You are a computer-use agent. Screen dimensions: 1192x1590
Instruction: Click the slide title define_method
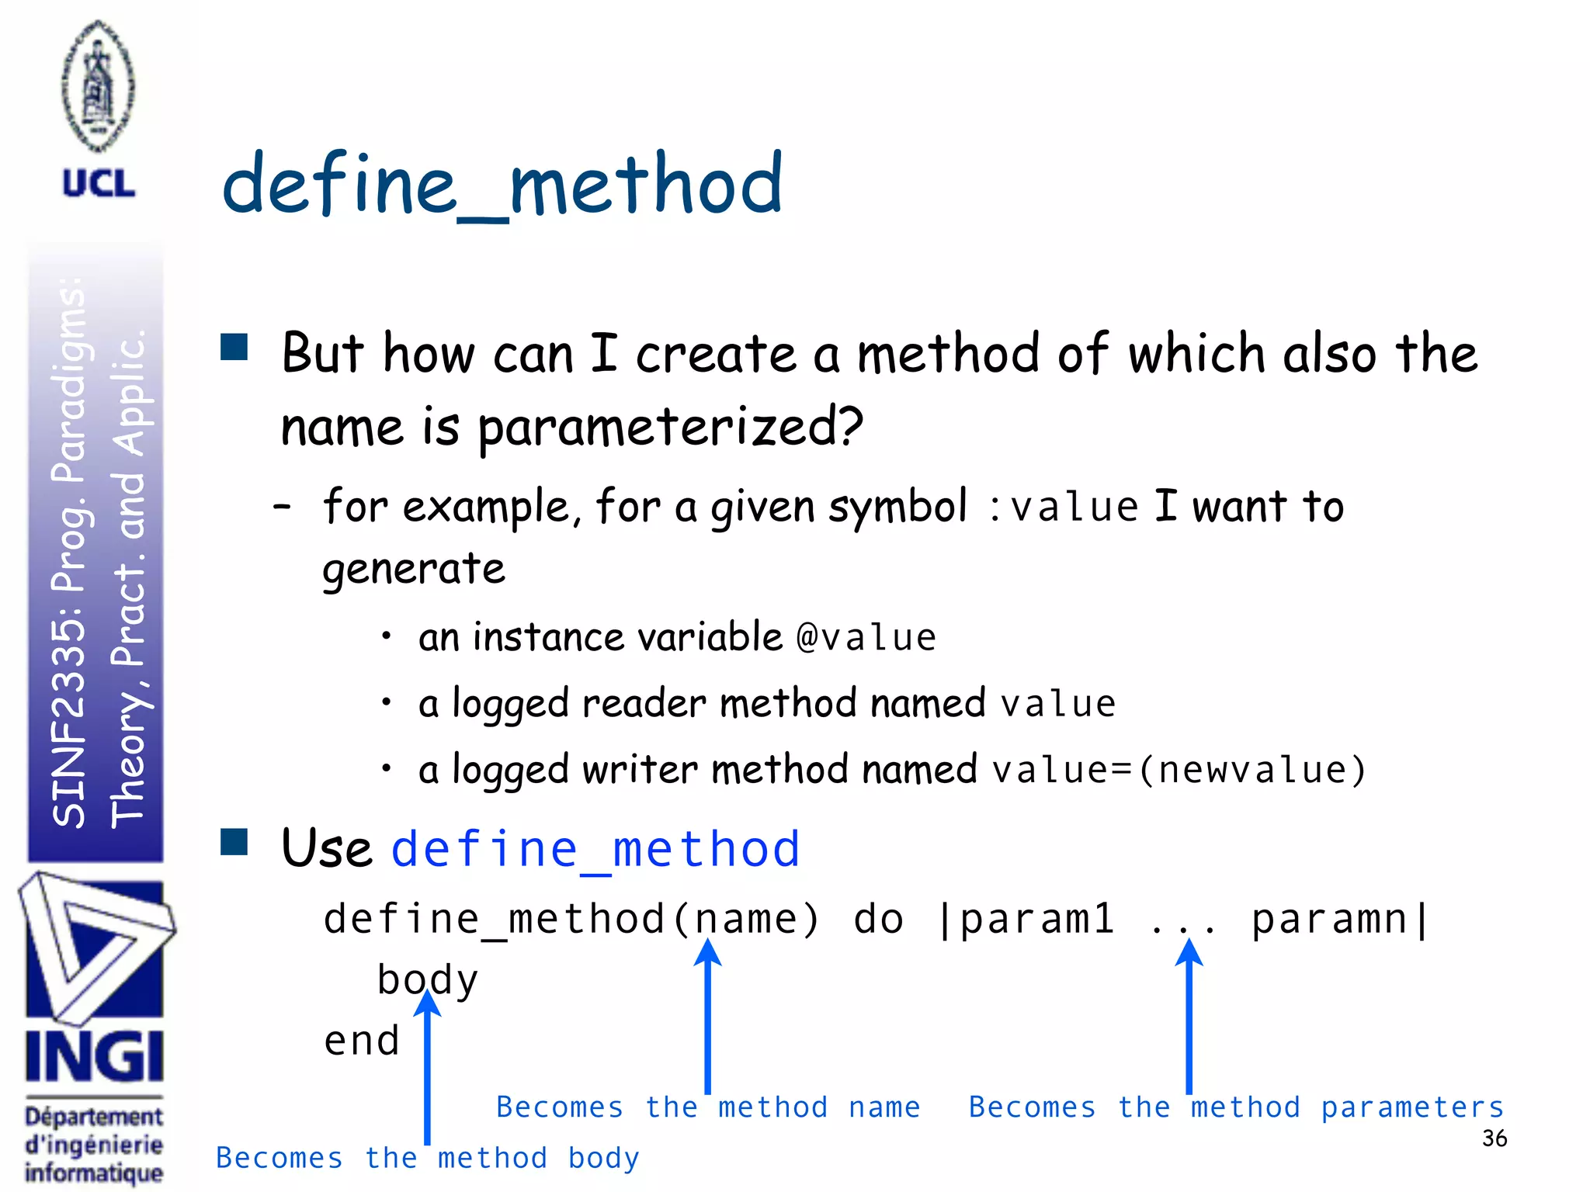click(x=502, y=184)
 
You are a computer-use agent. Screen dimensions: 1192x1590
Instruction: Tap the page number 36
click(x=1494, y=1138)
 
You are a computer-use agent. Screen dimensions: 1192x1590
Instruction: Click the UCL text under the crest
click(x=99, y=184)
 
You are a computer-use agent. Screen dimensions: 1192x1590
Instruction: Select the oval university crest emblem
click(x=98, y=85)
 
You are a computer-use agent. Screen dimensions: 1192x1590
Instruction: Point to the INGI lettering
click(x=94, y=1057)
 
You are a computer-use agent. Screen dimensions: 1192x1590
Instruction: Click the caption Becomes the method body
click(x=427, y=1158)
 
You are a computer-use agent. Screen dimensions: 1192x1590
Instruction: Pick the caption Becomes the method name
click(x=707, y=1107)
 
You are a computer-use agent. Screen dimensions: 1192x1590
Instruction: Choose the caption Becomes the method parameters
click(x=1236, y=1107)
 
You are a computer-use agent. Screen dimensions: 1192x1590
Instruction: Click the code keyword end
click(x=361, y=1041)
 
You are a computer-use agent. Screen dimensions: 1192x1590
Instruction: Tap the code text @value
click(x=866, y=638)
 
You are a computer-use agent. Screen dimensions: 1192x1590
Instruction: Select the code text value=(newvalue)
click(x=1179, y=770)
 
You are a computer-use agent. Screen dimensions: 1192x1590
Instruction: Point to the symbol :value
click(x=1064, y=508)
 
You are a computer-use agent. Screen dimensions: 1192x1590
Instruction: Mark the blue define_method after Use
click(x=595, y=849)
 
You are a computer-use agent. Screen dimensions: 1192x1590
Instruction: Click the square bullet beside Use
click(x=234, y=842)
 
